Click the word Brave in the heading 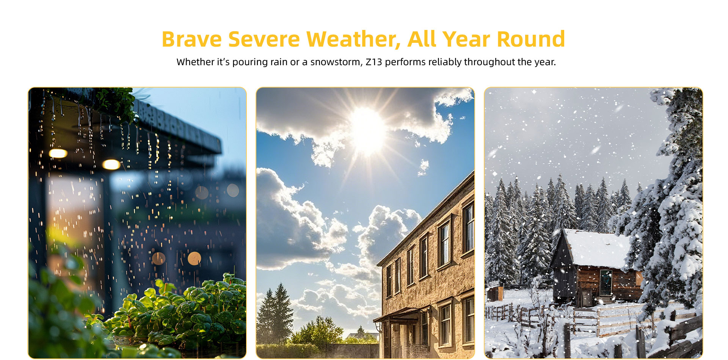pyautogui.click(x=192, y=39)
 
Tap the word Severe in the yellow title pyautogui.click(x=264, y=39)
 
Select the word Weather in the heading pyautogui.click(x=353, y=40)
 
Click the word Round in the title pyautogui.click(x=531, y=39)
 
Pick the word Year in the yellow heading pyautogui.click(x=466, y=39)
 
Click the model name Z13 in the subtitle pyautogui.click(x=374, y=62)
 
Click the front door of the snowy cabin pyautogui.click(x=606, y=282)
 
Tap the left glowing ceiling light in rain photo pyautogui.click(x=58, y=153)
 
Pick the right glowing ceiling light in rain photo pyautogui.click(x=111, y=164)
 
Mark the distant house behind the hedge pyautogui.click(x=362, y=336)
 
